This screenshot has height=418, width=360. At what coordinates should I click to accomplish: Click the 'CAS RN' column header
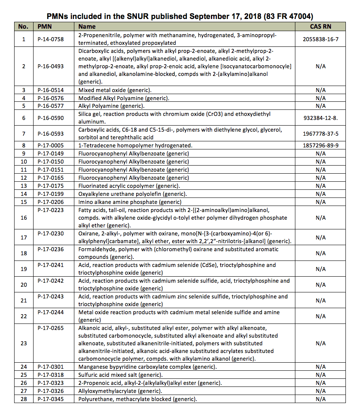[320, 27]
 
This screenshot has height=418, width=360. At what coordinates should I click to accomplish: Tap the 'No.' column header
[23, 27]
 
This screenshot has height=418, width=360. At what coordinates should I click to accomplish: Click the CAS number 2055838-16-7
[320, 39]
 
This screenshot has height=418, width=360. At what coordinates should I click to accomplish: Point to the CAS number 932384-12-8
[321, 118]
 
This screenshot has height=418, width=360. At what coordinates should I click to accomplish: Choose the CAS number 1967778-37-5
[320, 134]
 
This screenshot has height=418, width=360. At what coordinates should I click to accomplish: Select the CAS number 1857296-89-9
[320, 145]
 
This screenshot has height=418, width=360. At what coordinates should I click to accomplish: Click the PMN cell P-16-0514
[51, 90]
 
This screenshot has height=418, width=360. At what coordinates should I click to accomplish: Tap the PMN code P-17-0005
[51, 145]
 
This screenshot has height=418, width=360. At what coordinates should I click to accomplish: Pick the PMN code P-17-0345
[51, 399]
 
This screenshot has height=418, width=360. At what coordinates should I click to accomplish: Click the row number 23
[23, 343]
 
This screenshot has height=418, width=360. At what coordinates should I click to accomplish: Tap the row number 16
[23, 218]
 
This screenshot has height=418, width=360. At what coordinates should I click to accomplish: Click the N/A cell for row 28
[320, 399]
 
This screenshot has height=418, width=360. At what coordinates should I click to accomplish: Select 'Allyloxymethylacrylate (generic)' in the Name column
[120, 391]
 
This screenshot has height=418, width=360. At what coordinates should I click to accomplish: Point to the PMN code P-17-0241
[51, 265]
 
